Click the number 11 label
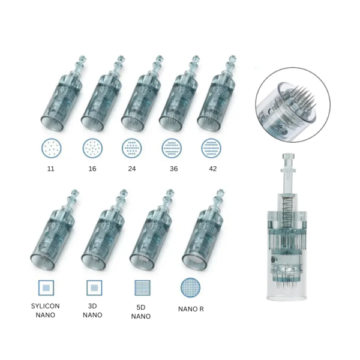pos(51,169)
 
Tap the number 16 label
pos(92,169)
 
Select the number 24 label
pos(132,169)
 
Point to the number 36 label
pos(173,169)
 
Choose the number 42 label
pos(213,169)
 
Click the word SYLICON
pos(46,306)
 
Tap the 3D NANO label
pos(92,310)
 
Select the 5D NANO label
pos(141,312)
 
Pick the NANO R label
pos(191,309)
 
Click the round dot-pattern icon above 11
pos(52,148)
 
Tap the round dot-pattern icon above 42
pos(211,148)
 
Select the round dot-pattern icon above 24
pos(132,148)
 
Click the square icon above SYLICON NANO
pos(46,287)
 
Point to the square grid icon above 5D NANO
pos(142,287)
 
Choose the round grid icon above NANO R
pos(190,287)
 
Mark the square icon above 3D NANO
pos(94,287)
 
